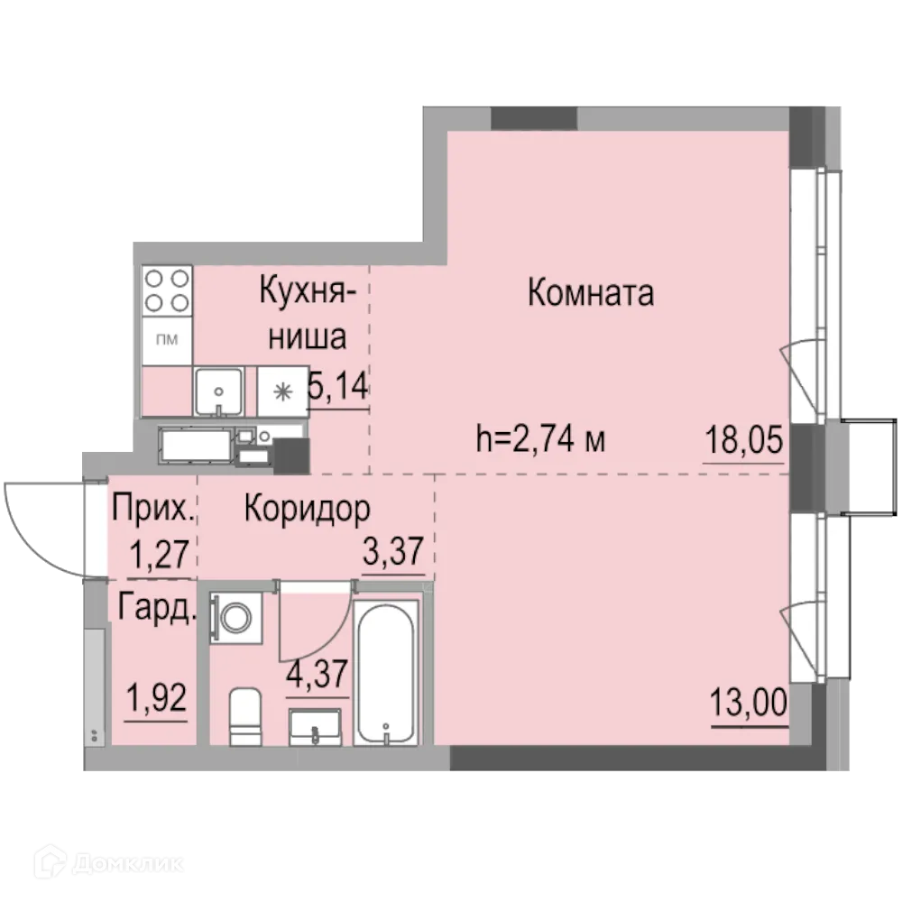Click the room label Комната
click(x=590, y=293)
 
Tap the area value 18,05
click(x=742, y=443)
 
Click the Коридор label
click(x=307, y=510)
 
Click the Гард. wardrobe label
click(x=154, y=611)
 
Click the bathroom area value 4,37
click(x=317, y=673)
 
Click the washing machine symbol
click(x=237, y=618)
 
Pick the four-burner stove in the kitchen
click(x=167, y=290)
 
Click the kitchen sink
click(x=217, y=391)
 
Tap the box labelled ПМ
click(x=167, y=340)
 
